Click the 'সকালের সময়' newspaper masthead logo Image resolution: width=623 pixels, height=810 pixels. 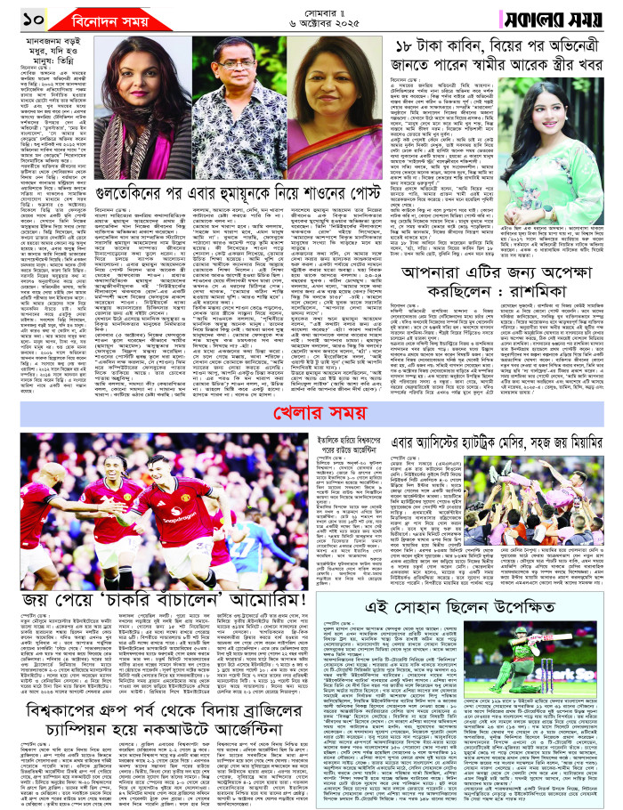click(565, 20)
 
